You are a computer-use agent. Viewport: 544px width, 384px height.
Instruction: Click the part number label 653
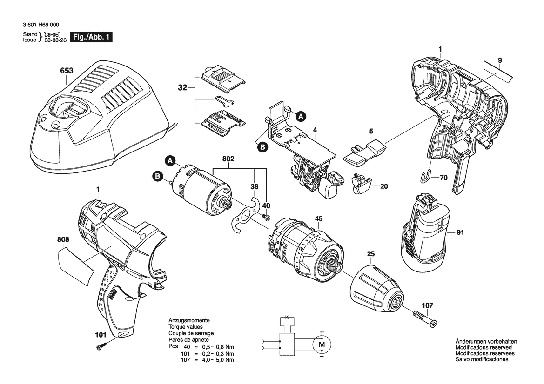click(67, 71)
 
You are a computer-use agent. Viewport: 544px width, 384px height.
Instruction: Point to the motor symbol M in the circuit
click(322, 344)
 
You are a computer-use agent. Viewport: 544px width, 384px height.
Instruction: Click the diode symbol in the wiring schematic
click(287, 317)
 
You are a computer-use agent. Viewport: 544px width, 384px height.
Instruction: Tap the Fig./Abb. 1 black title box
click(91, 37)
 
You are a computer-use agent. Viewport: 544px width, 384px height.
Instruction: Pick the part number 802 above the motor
click(228, 159)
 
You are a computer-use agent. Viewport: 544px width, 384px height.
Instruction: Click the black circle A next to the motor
click(169, 160)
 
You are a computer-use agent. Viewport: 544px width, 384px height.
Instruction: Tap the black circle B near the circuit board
click(262, 147)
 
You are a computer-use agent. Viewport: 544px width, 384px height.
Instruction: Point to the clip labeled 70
click(425, 176)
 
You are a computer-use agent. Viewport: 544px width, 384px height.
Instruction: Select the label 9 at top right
click(500, 60)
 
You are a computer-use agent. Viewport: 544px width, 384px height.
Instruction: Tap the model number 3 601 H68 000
click(41, 25)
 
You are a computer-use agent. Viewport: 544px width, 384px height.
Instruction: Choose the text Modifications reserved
click(484, 348)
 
